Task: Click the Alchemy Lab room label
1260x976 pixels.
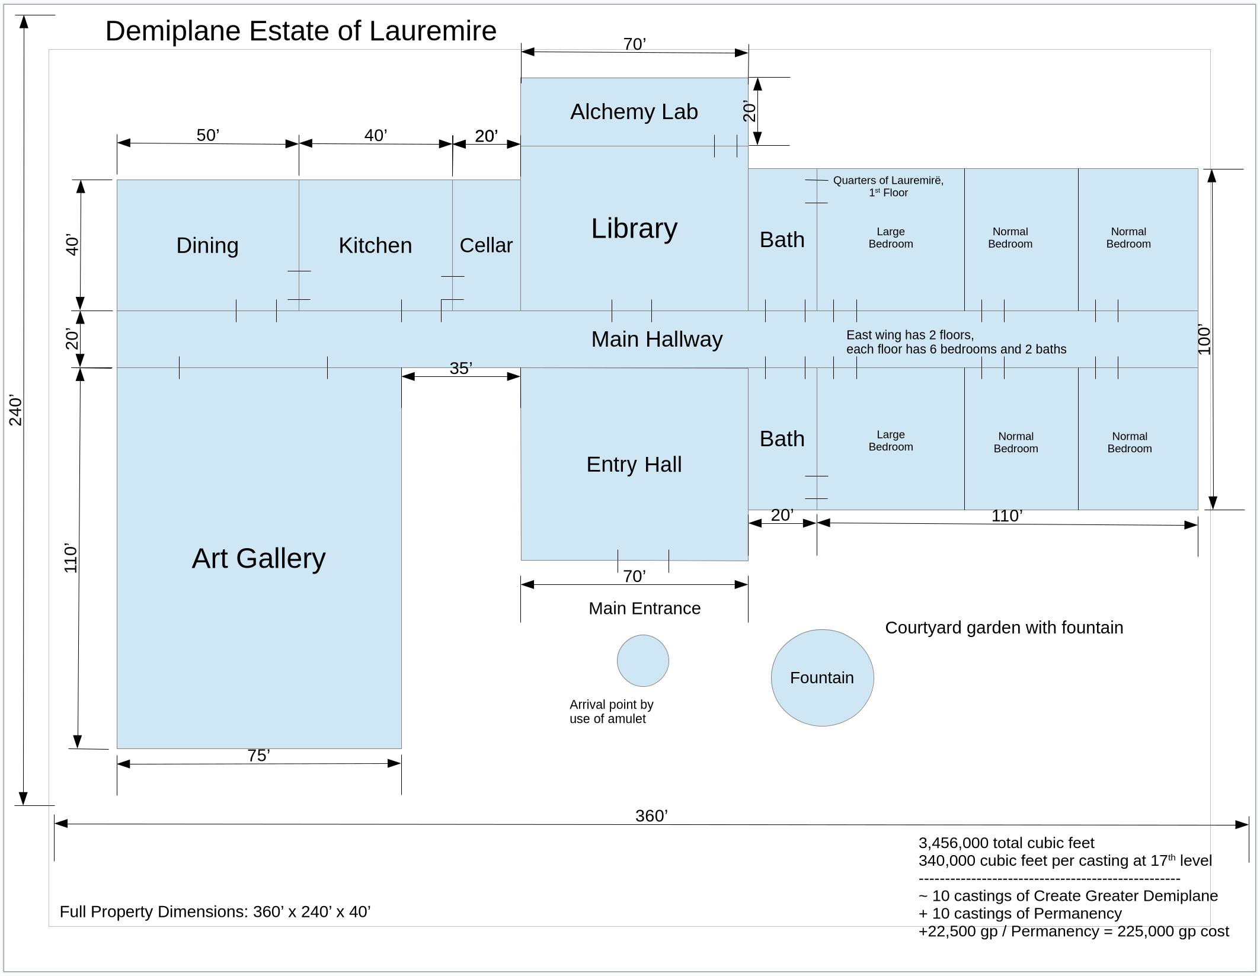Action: (634, 111)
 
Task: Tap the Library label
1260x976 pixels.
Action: (634, 228)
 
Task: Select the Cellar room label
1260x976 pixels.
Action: (485, 245)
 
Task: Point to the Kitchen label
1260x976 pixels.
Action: (375, 245)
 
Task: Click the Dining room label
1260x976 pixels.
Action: (207, 245)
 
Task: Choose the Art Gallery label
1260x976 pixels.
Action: (258, 558)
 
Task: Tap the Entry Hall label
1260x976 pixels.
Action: (634, 464)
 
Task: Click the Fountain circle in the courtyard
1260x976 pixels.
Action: (821, 677)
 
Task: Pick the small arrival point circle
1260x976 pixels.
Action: (642, 661)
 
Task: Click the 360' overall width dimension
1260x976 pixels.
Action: (651, 816)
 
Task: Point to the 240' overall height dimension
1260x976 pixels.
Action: (15, 410)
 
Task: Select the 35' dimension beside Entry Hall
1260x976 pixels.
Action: (460, 369)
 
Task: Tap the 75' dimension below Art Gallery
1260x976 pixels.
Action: (258, 756)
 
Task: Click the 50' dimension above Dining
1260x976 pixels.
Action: (207, 135)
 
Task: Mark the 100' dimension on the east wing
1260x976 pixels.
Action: (1204, 339)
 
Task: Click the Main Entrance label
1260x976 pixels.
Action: (644, 608)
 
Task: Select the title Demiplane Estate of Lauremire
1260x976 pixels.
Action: (300, 31)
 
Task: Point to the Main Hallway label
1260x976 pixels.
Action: (657, 339)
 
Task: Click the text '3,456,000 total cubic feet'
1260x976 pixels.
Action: (1006, 843)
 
